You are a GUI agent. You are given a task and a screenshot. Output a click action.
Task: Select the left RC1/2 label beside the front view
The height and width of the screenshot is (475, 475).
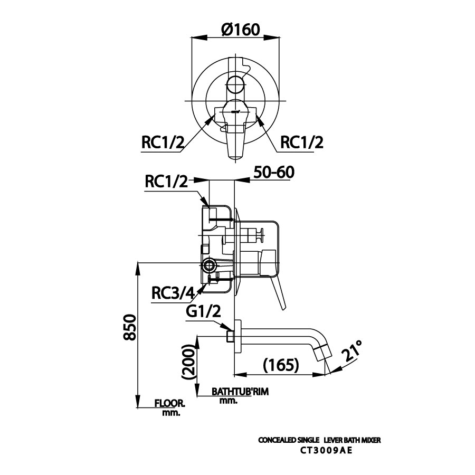click(163, 142)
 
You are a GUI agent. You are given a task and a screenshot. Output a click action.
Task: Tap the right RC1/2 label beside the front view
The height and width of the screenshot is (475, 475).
click(301, 142)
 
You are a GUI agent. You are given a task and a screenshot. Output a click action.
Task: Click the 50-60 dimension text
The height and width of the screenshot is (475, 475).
click(273, 173)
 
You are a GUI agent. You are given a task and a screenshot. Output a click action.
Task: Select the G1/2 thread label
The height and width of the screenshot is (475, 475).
click(203, 312)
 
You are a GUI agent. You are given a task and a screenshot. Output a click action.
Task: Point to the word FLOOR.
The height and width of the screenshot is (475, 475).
click(169, 404)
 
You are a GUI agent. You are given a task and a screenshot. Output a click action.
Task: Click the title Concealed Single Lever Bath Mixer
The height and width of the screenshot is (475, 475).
click(319, 440)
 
